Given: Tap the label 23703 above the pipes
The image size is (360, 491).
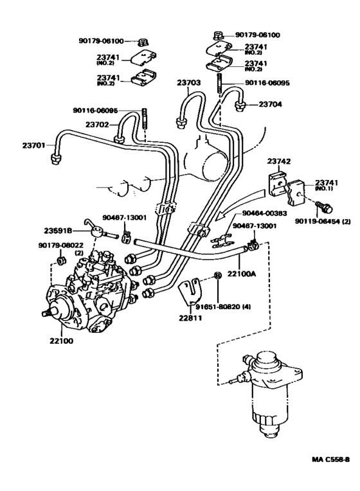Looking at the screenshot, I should [x=190, y=82].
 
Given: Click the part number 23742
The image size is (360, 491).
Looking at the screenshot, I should [x=279, y=162].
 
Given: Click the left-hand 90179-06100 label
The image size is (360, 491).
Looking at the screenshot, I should [x=94, y=40].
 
